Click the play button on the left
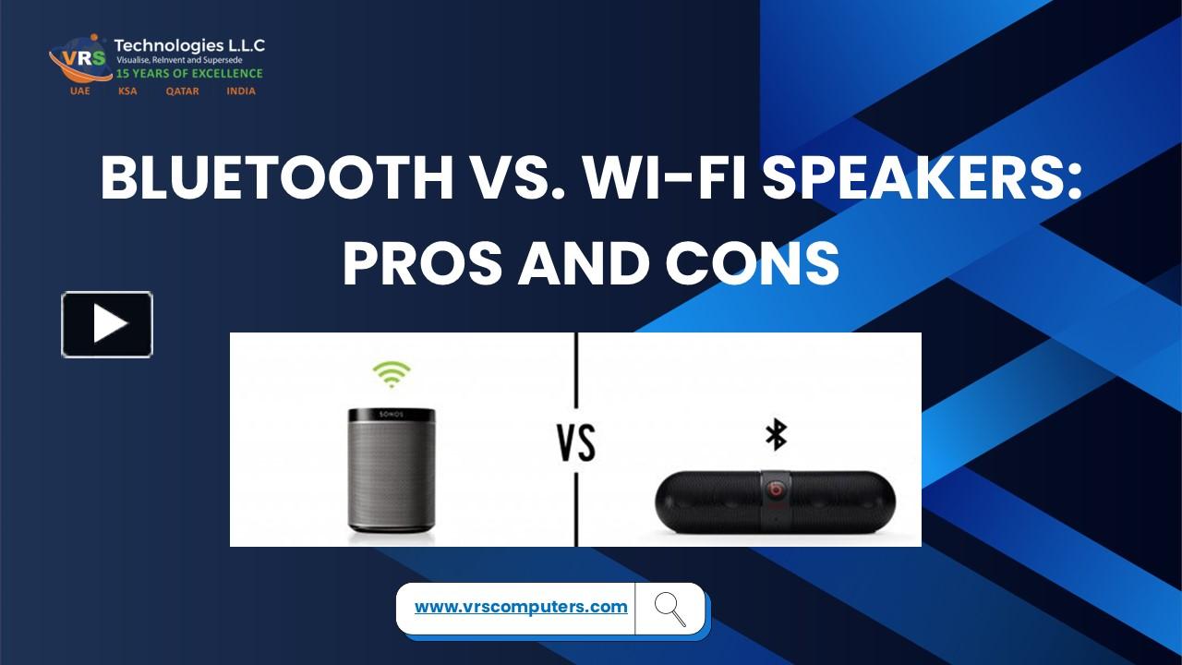click(107, 324)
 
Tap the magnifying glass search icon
click(669, 609)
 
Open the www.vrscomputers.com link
click(521, 607)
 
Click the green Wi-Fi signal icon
click(392, 374)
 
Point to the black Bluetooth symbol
click(776, 435)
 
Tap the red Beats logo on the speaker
click(776, 488)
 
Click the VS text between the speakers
click(576, 444)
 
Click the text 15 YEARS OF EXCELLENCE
click(188, 74)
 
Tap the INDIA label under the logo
click(241, 91)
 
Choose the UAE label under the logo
click(80, 91)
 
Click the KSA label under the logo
click(127, 91)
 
